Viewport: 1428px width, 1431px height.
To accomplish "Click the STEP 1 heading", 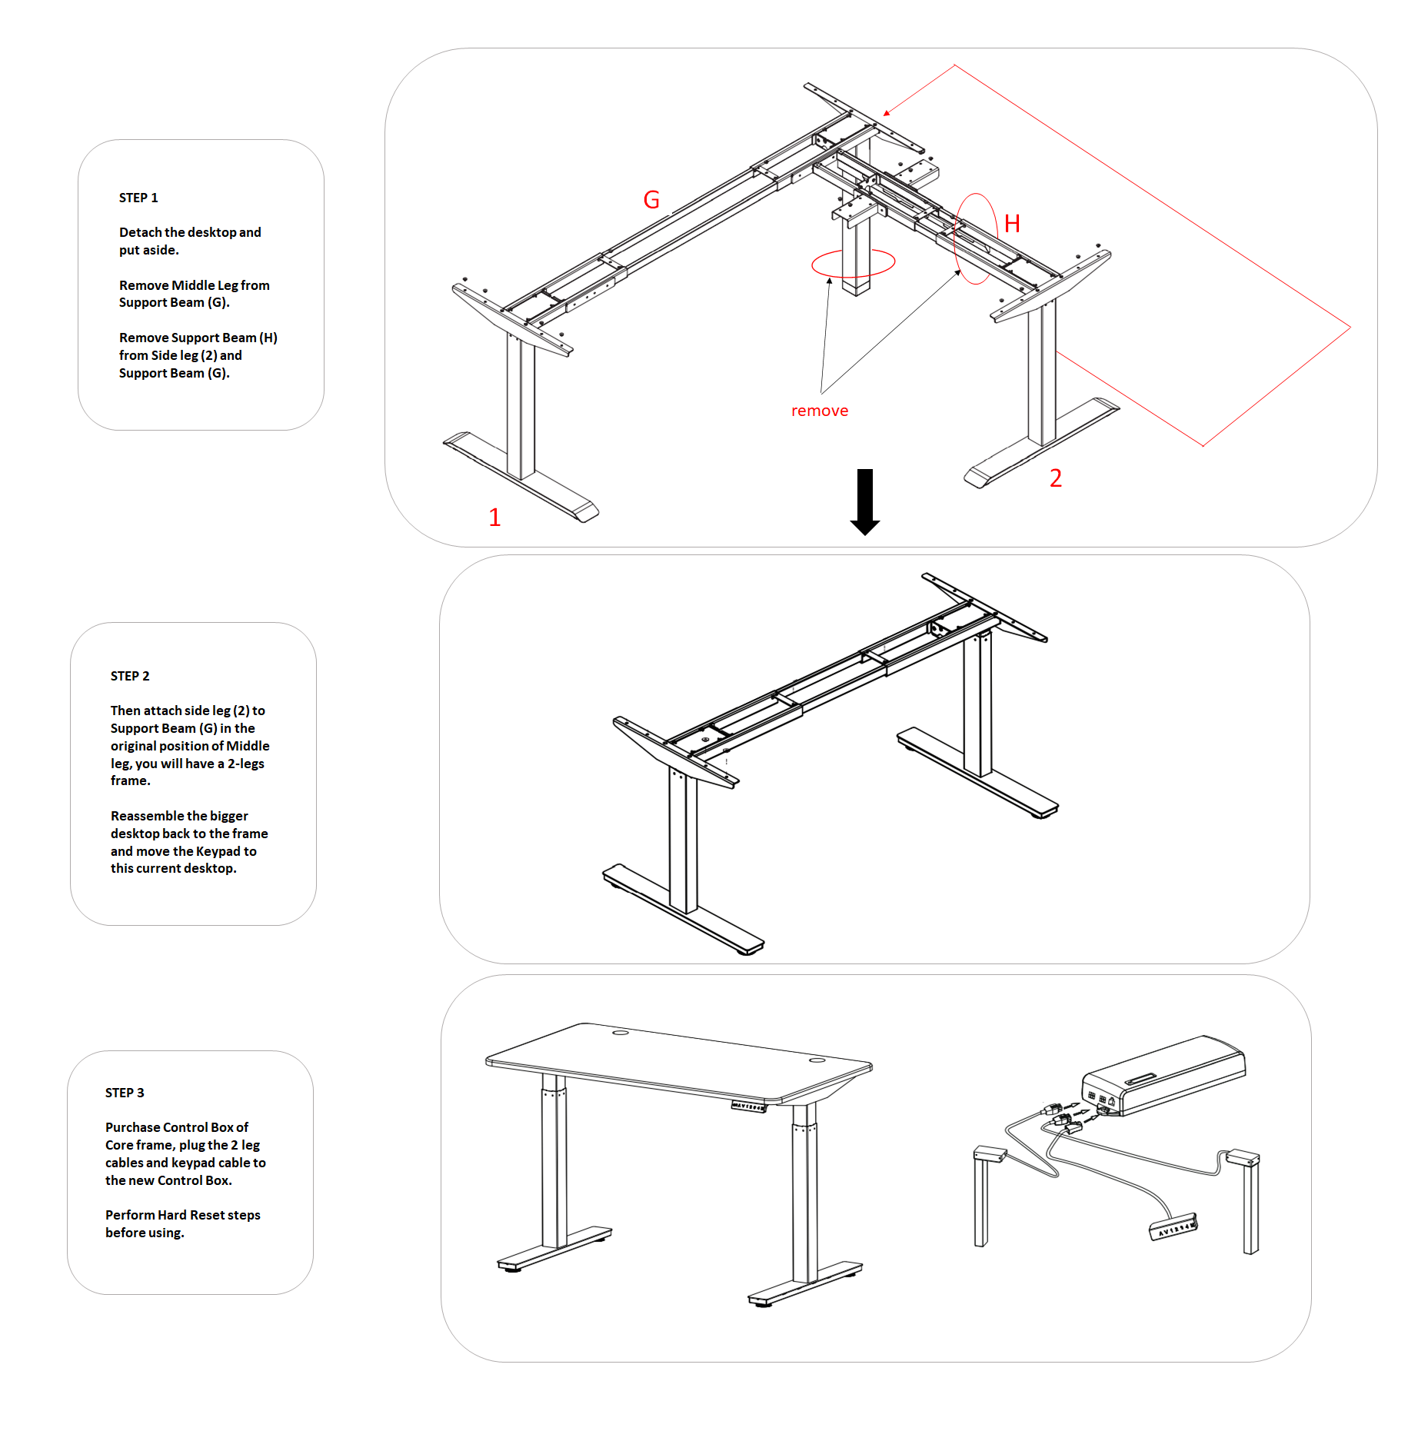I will tap(138, 198).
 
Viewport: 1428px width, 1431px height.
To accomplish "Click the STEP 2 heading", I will tap(130, 676).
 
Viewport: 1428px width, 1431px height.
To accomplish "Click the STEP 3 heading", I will tap(125, 1093).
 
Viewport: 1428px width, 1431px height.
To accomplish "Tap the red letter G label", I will tap(651, 200).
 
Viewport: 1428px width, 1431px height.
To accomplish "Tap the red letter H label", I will tap(1012, 224).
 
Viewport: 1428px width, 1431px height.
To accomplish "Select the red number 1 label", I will tap(494, 517).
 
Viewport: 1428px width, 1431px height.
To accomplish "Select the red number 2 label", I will tap(1056, 478).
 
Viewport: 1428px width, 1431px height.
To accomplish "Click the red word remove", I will tap(820, 411).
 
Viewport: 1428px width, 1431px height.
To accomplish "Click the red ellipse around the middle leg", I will tap(814, 264).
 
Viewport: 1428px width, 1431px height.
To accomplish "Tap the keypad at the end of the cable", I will tap(1173, 1226).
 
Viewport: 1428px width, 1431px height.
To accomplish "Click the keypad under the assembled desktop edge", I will tap(749, 1107).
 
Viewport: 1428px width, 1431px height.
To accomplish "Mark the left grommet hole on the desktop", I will tap(621, 1033).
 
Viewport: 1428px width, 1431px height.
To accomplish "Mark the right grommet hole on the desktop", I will tap(817, 1060).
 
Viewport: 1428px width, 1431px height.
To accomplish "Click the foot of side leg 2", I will tap(1042, 444).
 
